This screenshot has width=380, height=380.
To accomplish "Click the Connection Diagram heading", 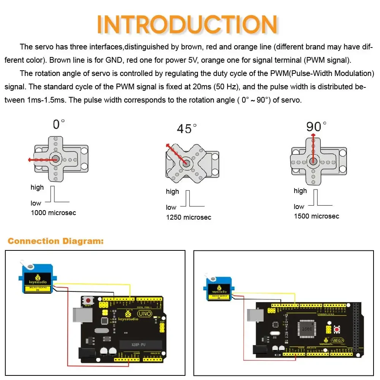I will (x=55, y=241).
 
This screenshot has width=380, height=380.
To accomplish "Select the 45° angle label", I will (x=187, y=129).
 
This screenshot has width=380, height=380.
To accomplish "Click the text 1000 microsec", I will (x=53, y=213).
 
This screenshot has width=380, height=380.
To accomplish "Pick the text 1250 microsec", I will (x=188, y=217).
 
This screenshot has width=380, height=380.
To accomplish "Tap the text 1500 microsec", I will (x=316, y=216).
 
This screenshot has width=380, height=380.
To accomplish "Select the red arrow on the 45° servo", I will (x=176, y=153).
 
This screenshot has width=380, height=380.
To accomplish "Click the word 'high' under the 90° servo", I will (x=300, y=191).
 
